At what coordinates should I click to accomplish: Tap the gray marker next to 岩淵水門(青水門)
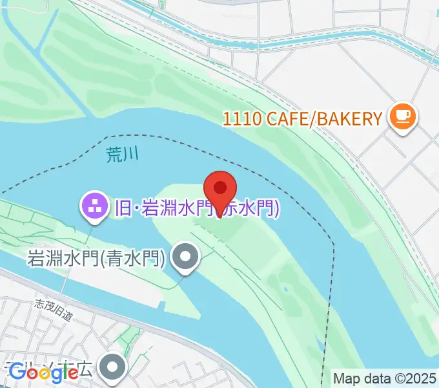pos(186,258)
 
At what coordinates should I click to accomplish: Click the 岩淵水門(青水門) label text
pos(97,259)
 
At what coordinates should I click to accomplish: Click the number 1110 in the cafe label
pos(242,118)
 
